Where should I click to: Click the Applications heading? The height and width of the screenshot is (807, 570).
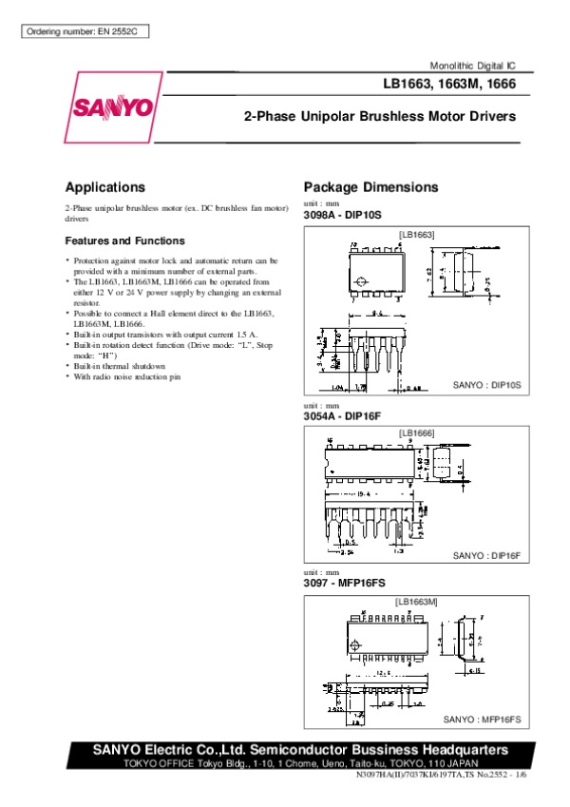(x=104, y=187)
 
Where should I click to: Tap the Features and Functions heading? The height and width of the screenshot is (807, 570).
(x=124, y=241)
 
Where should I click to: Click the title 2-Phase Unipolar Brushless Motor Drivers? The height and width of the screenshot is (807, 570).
(x=380, y=117)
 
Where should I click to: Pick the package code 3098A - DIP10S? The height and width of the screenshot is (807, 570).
(x=341, y=216)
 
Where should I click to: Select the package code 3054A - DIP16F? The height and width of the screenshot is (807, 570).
(x=340, y=415)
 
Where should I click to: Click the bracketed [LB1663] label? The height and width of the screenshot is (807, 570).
(x=416, y=235)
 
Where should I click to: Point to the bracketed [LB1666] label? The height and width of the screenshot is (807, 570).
(x=416, y=433)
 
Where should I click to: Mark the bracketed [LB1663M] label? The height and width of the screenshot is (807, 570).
(x=416, y=602)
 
